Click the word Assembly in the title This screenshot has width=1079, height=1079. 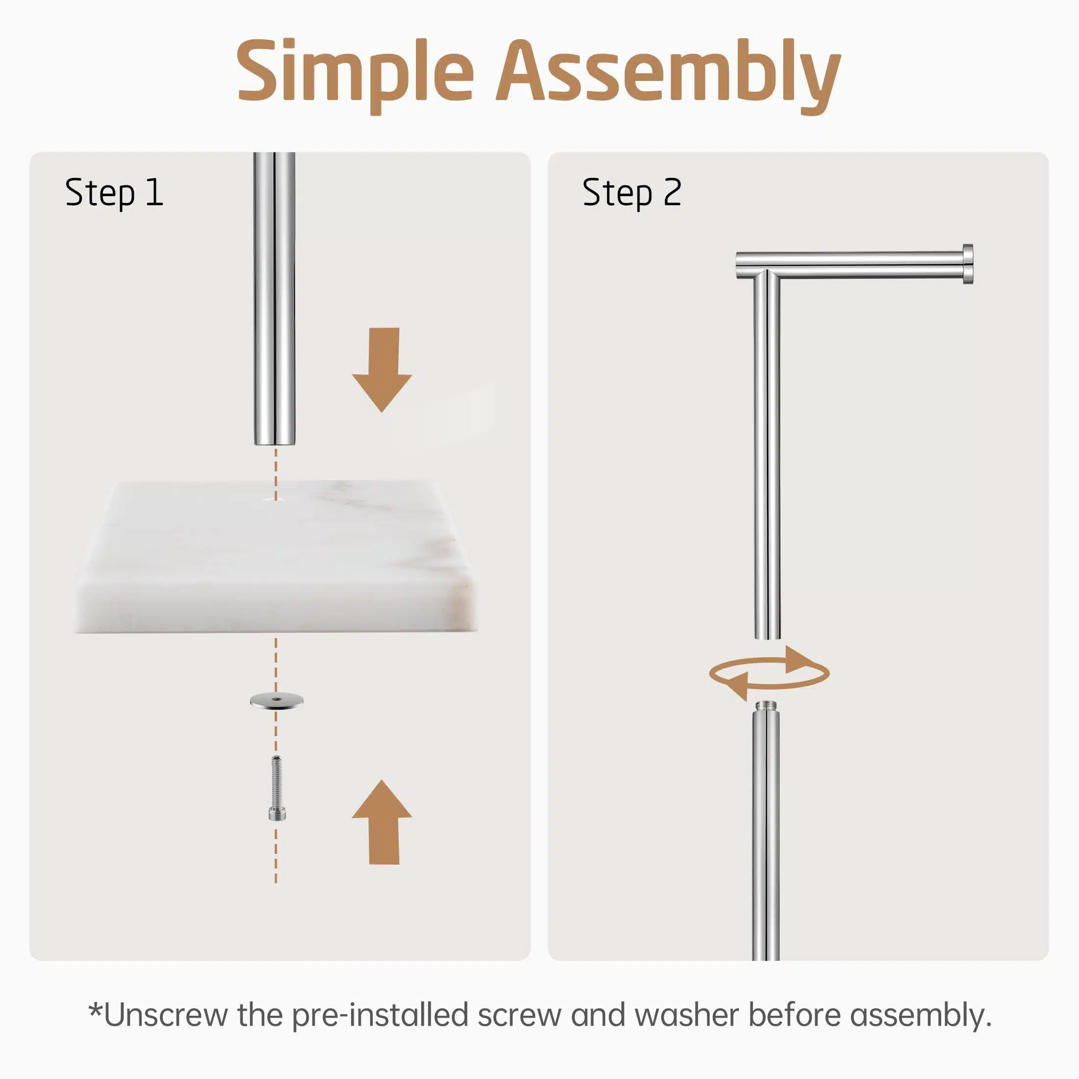[668, 76]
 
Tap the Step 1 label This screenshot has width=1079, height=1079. [114, 193]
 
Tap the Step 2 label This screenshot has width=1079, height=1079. [632, 193]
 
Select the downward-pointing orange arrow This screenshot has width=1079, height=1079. [382, 369]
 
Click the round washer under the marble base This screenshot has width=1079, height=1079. [277, 700]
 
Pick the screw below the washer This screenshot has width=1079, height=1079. [277, 788]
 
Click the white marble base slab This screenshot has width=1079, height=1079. [277, 556]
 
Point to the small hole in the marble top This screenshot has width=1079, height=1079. [275, 498]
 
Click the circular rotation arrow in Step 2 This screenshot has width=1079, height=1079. [769, 673]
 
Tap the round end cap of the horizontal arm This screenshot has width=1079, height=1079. [968, 265]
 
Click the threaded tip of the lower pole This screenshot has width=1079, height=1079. [765, 708]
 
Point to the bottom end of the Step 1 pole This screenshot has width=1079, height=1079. [274, 443]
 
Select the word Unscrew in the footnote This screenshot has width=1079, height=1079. [166, 1015]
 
